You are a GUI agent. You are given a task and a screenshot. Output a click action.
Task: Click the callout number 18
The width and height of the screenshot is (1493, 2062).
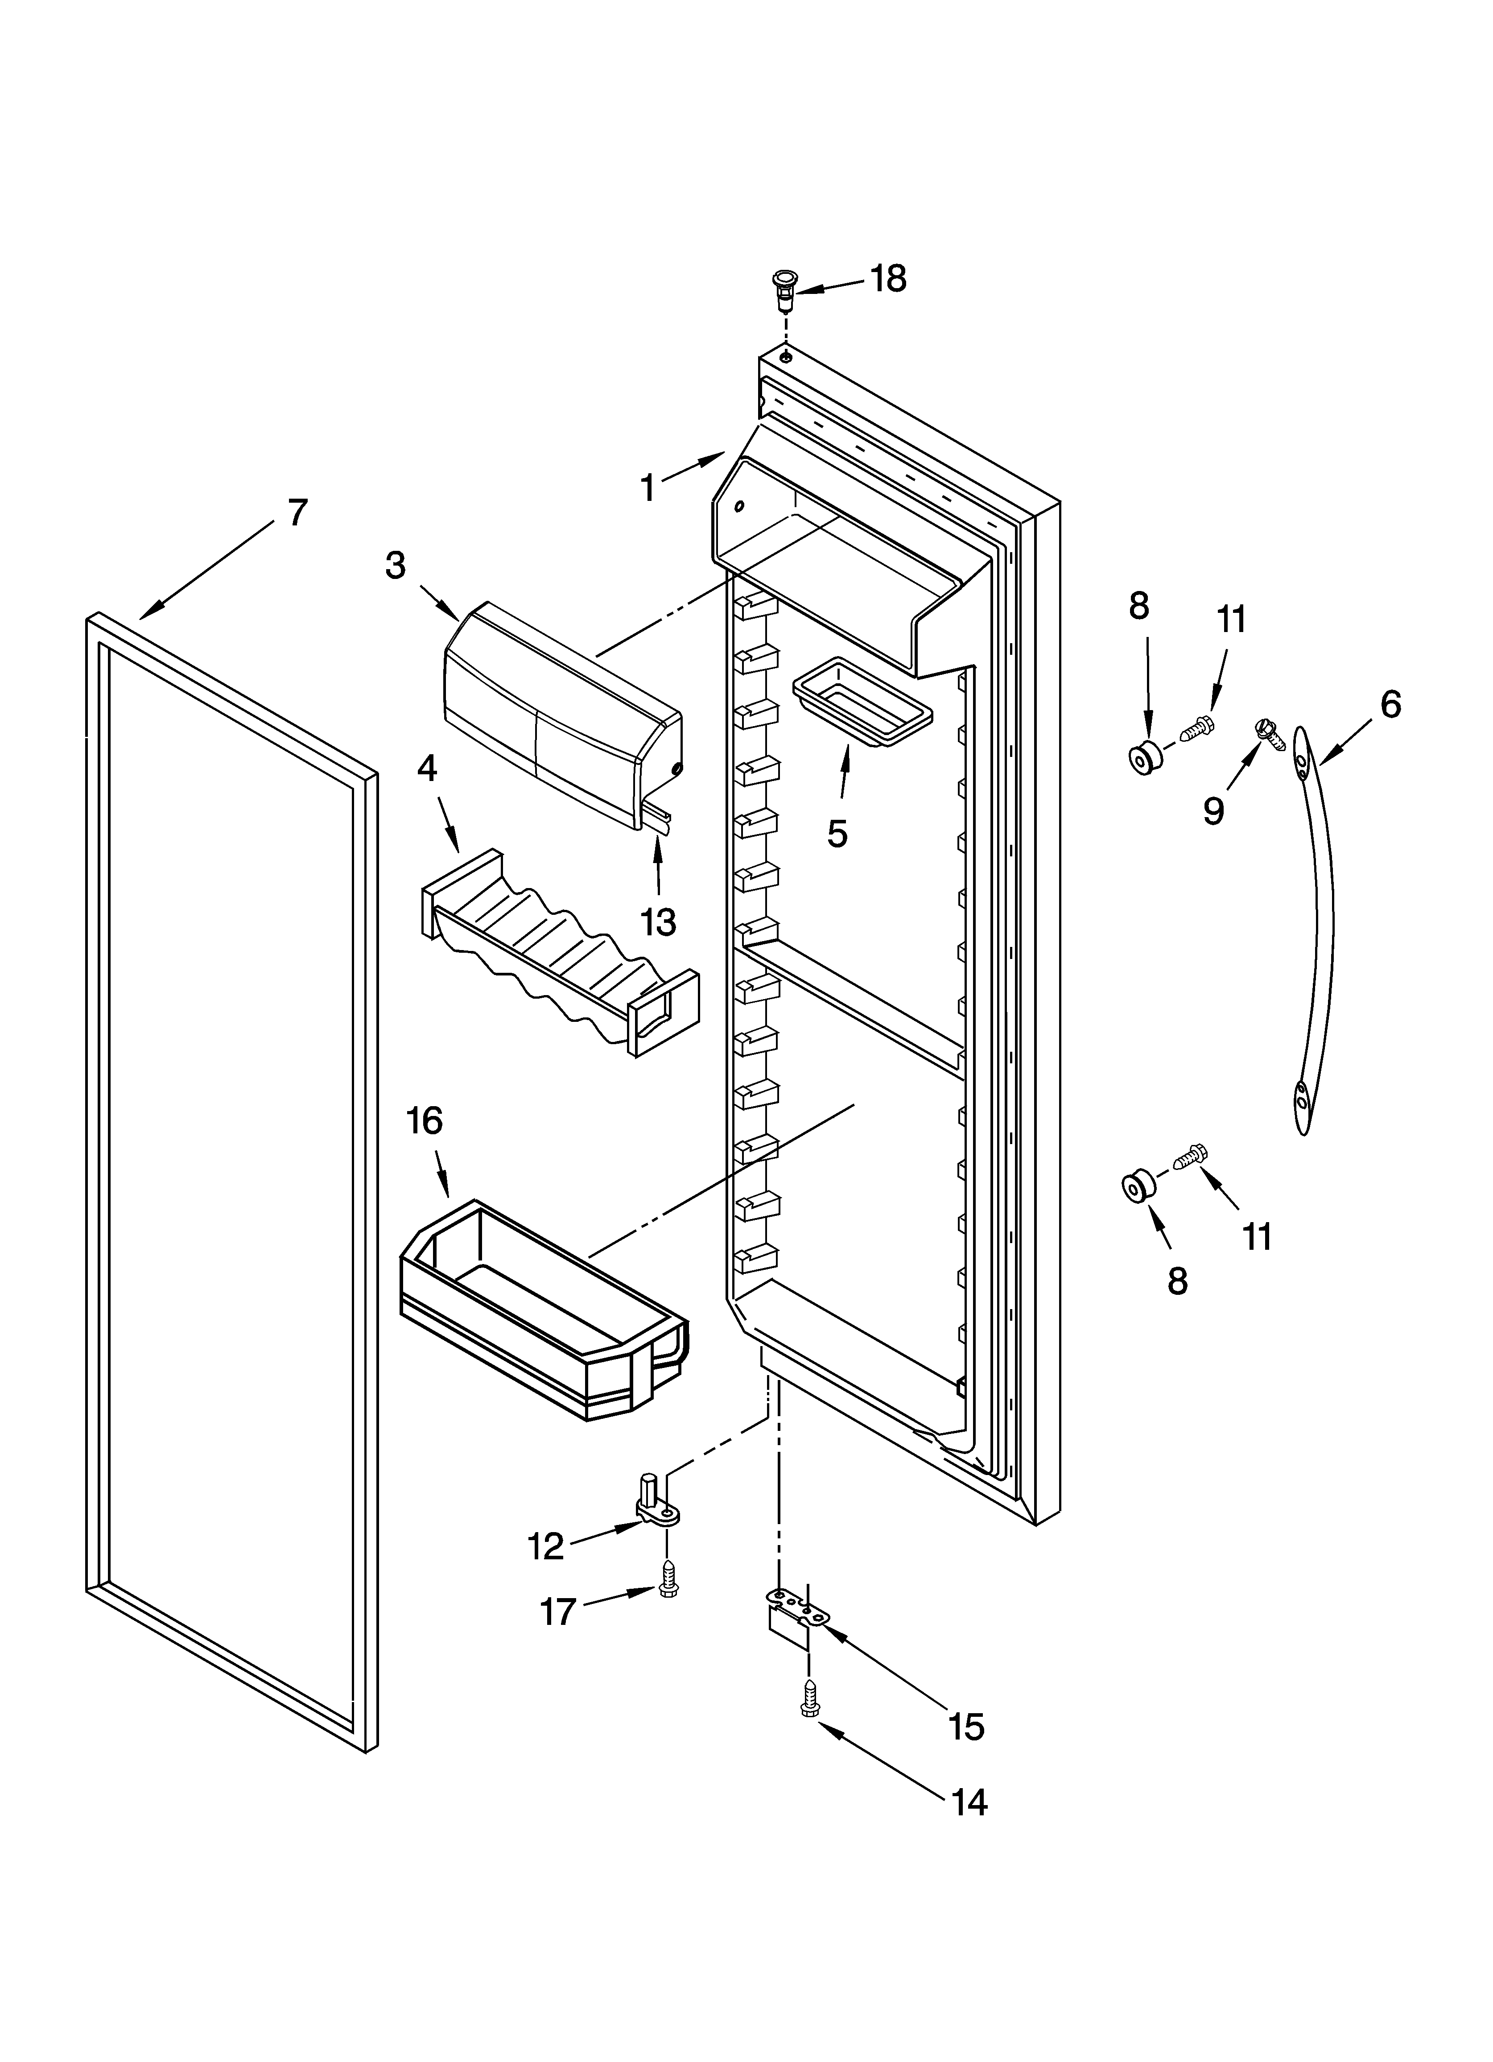click(x=888, y=279)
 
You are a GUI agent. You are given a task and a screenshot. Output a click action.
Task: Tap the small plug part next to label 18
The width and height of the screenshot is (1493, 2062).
click(x=783, y=289)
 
